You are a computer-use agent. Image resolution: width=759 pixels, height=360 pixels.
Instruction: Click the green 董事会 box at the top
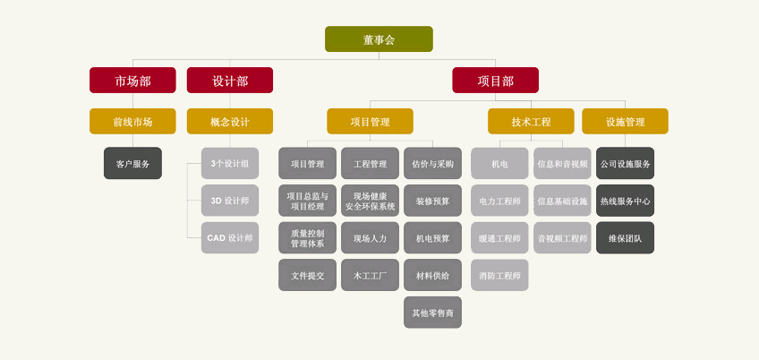click(x=379, y=39)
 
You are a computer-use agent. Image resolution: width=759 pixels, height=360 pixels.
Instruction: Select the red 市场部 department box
click(x=132, y=81)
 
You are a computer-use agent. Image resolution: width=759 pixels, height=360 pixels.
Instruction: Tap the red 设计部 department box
click(x=230, y=81)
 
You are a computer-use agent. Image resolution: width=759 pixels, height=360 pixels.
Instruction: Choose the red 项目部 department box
click(x=495, y=81)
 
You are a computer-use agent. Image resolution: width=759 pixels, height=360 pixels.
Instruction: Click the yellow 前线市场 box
click(x=132, y=122)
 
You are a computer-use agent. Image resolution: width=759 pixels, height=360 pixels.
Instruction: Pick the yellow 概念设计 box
click(x=230, y=122)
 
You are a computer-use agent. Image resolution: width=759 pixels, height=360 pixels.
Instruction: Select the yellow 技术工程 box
click(x=531, y=122)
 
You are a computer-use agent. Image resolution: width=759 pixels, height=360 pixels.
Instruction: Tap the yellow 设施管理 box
click(x=625, y=122)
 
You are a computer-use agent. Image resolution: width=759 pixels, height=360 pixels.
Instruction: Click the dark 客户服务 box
click(x=132, y=164)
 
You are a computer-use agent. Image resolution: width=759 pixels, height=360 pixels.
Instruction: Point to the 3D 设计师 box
click(x=230, y=201)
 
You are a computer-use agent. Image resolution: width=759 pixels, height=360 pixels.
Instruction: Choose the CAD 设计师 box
click(x=230, y=238)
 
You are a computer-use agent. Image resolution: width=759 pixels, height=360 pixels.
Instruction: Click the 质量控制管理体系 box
click(x=307, y=238)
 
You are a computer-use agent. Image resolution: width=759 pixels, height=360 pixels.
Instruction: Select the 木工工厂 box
click(x=370, y=276)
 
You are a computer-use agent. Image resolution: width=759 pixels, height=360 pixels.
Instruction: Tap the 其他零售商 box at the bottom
click(x=432, y=313)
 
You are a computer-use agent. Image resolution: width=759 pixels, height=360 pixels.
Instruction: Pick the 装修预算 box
click(x=432, y=201)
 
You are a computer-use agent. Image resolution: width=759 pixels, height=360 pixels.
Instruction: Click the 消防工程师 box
click(x=499, y=276)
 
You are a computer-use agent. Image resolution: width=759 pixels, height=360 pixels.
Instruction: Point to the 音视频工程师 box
click(x=562, y=238)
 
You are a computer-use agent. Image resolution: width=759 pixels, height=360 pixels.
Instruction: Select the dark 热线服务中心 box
click(x=625, y=201)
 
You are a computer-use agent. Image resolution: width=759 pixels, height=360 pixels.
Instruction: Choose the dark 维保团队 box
click(x=625, y=238)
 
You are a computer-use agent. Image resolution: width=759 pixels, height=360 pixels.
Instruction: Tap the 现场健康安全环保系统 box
click(x=370, y=201)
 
